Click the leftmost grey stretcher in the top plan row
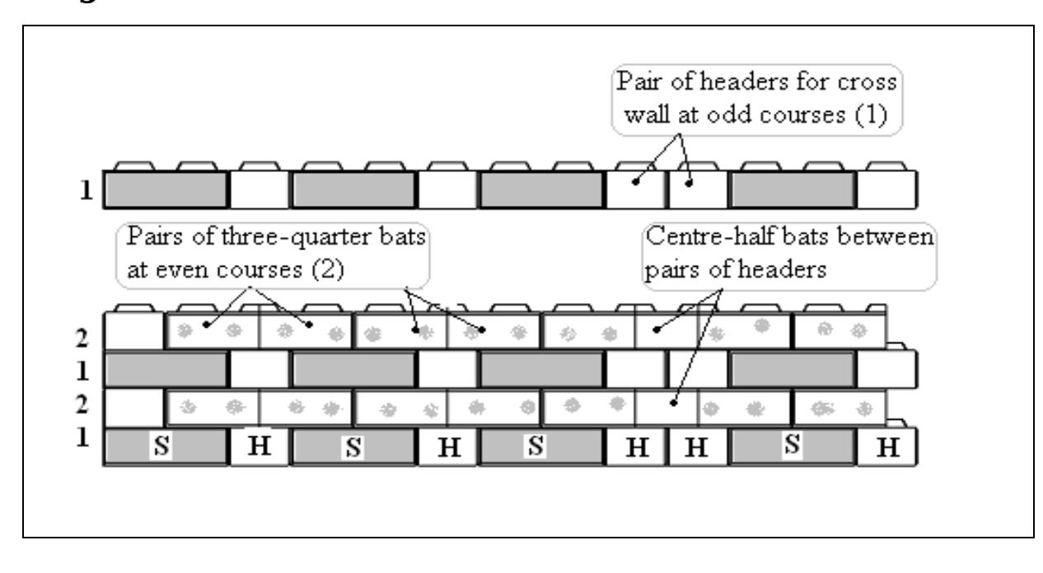(x=166, y=190)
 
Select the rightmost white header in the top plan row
(x=886, y=190)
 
